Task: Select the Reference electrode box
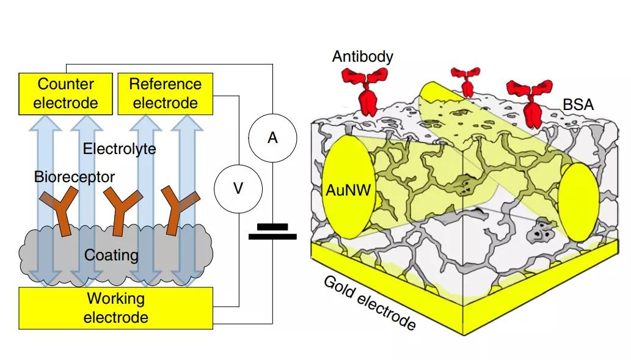point(165,93)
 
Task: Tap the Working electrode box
point(115,307)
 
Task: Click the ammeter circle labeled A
point(272,138)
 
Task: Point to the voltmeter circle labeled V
point(238,188)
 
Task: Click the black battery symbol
point(272,232)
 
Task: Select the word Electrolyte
point(120,149)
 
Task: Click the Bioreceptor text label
point(75,177)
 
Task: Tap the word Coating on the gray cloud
point(112,254)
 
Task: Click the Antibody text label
point(363,57)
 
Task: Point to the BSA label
point(578,106)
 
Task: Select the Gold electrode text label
point(370,303)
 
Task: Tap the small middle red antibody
point(465,81)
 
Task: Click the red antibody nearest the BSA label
point(529,101)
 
